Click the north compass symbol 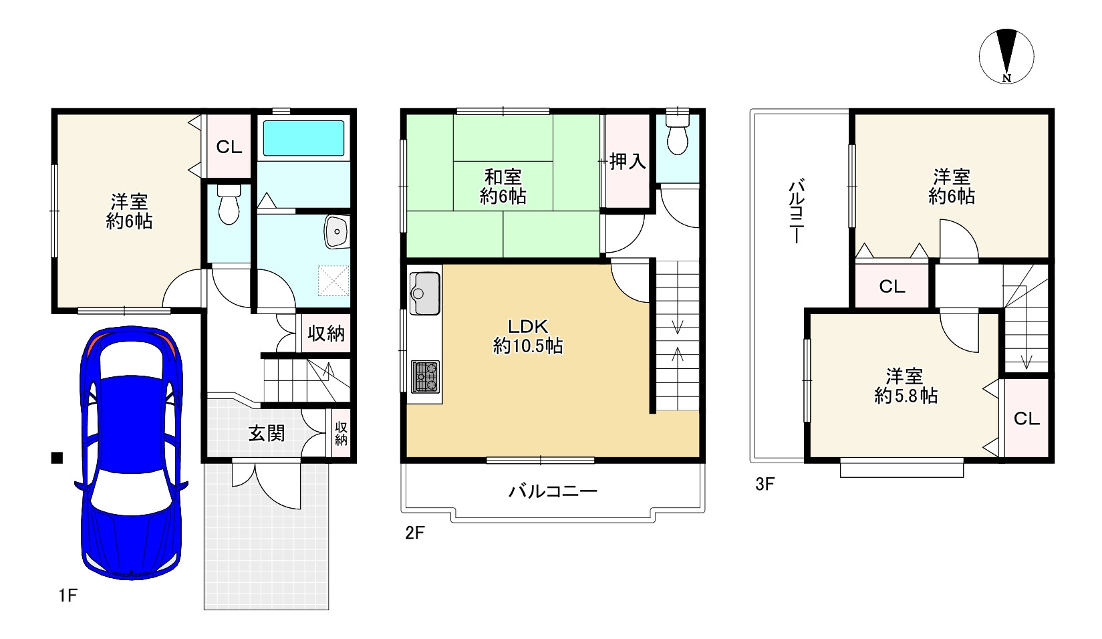1006,57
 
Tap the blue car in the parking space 131,453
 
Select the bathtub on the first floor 303,138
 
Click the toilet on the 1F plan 229,204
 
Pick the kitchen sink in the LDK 424,293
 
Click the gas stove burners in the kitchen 425,376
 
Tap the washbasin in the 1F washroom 337,231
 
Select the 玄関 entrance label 266,433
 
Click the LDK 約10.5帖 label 528,336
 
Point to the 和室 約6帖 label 503,186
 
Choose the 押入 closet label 628,161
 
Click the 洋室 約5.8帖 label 906,386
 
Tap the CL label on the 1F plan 229,146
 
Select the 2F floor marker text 414,533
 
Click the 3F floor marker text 765,484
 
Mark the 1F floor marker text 68,596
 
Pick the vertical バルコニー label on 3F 797,212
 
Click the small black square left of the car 57,458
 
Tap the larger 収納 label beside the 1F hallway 326,334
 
